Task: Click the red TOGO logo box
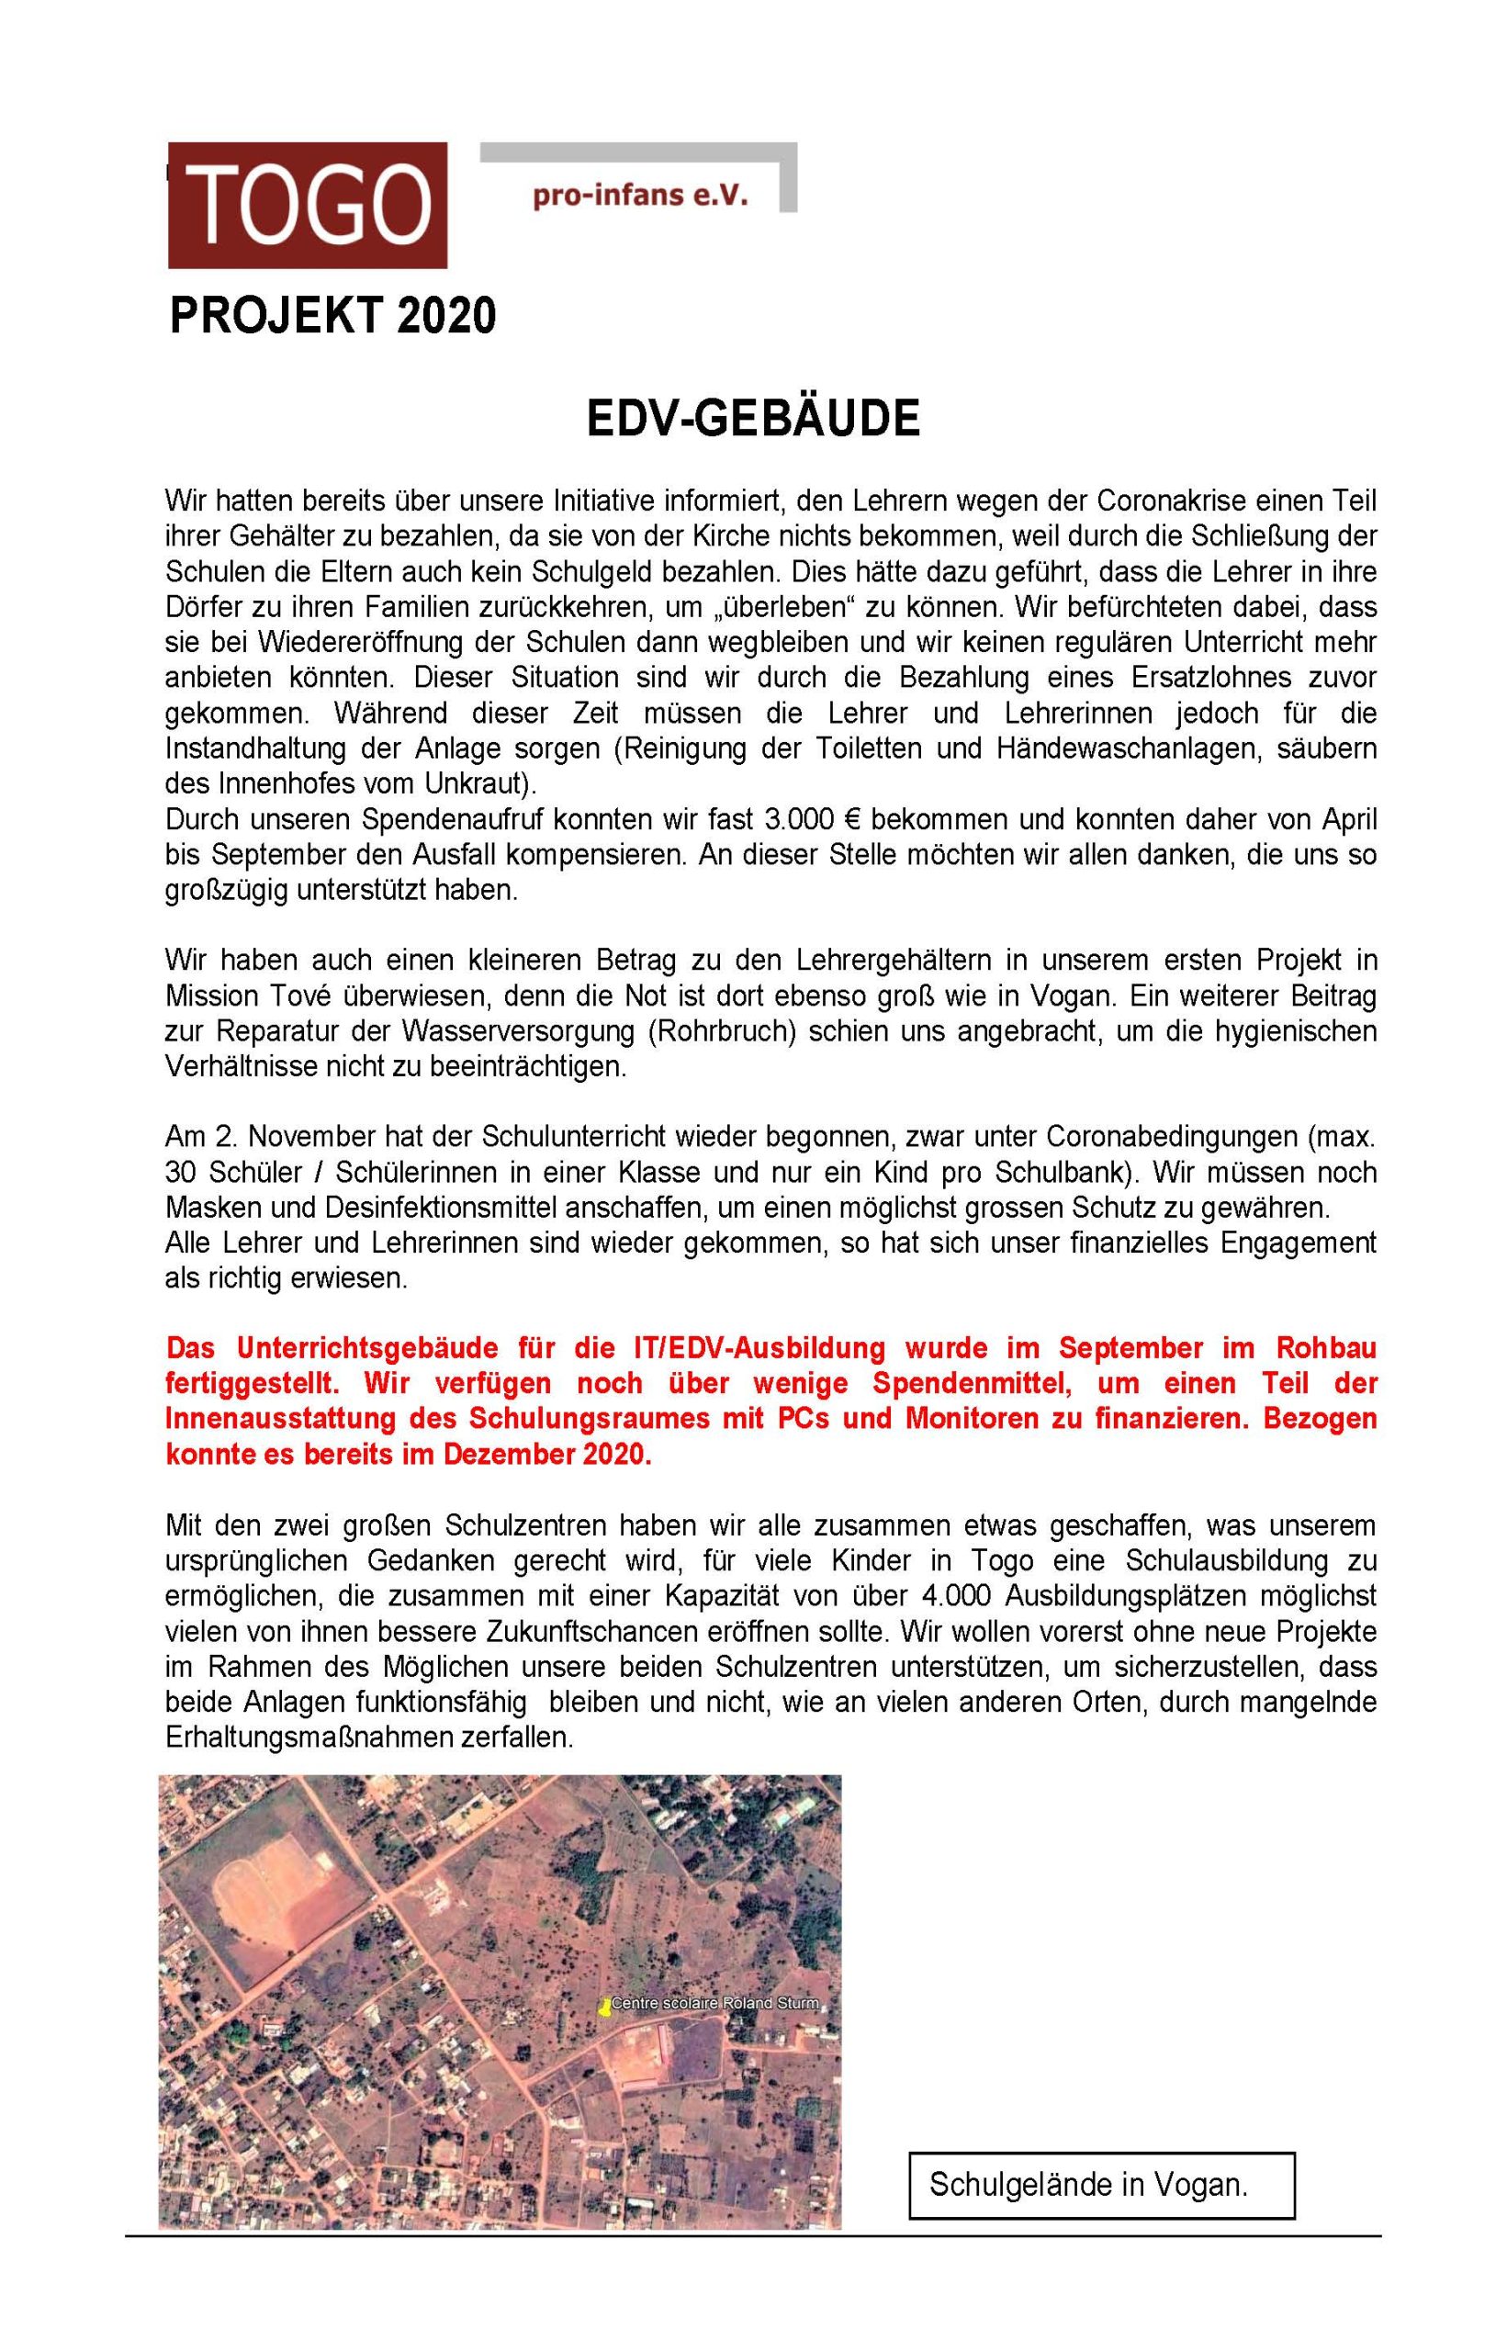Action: pos(308,205)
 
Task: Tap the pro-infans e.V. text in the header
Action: pos(640,196)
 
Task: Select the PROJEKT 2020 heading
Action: pos(332,316)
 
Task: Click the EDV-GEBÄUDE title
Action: pos(752,419)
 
